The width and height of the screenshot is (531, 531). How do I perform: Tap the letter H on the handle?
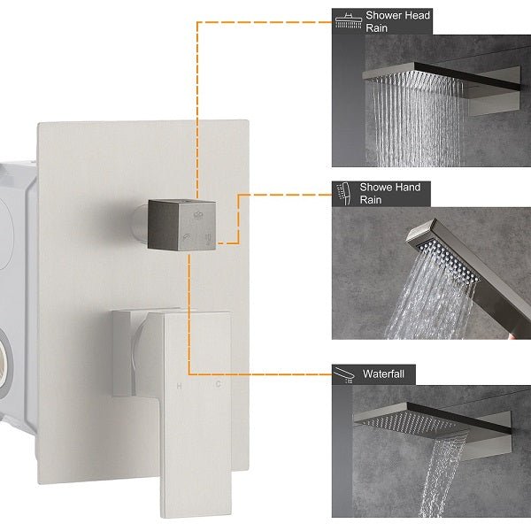coord(180,386)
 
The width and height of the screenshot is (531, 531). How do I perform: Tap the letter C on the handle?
coord(218,386)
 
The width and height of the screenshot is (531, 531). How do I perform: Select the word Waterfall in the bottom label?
coord(383,374)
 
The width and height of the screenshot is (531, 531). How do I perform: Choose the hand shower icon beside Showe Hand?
coord(344,193)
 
